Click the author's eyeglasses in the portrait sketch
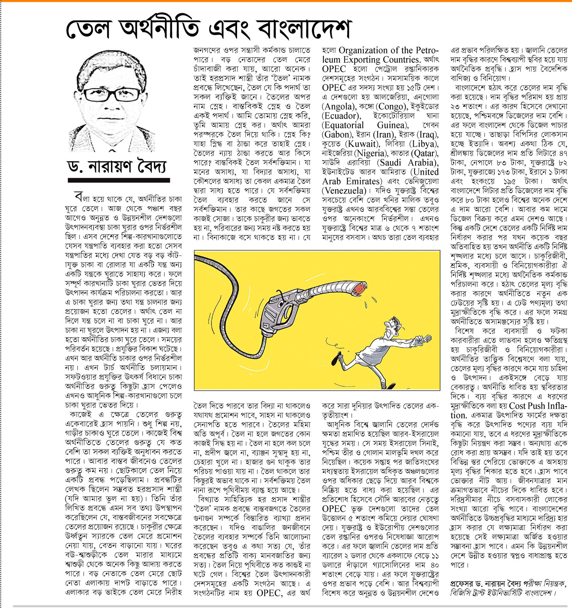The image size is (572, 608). (x=112, y=94)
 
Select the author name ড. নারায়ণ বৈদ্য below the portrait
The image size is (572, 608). (x=117, y=167)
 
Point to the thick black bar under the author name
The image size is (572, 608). (x=119, y=180)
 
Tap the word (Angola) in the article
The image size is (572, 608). (x=338, y=106)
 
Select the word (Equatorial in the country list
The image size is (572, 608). (x=343, y=125)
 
